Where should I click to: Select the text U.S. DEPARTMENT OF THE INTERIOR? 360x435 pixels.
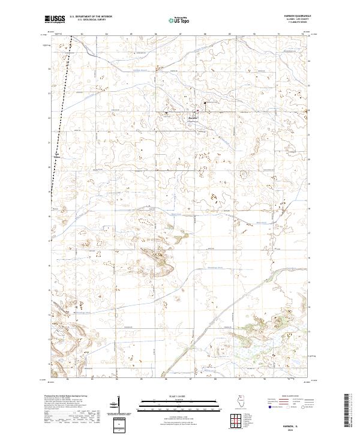point(91,17)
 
